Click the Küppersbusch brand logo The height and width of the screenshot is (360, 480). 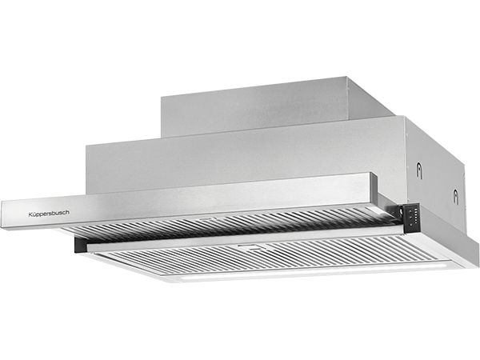pyautogui.click(x=49, y=214)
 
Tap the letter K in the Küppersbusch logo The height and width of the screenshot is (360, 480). pyautogui.click(x=30, y=214)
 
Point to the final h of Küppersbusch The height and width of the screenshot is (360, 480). pyautogui.click(x=68, y=212)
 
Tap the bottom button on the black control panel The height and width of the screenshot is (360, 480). pyautogui.click(x=410, y=225)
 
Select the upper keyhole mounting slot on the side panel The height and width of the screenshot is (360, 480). pyautogui.click(x=419, y=171)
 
